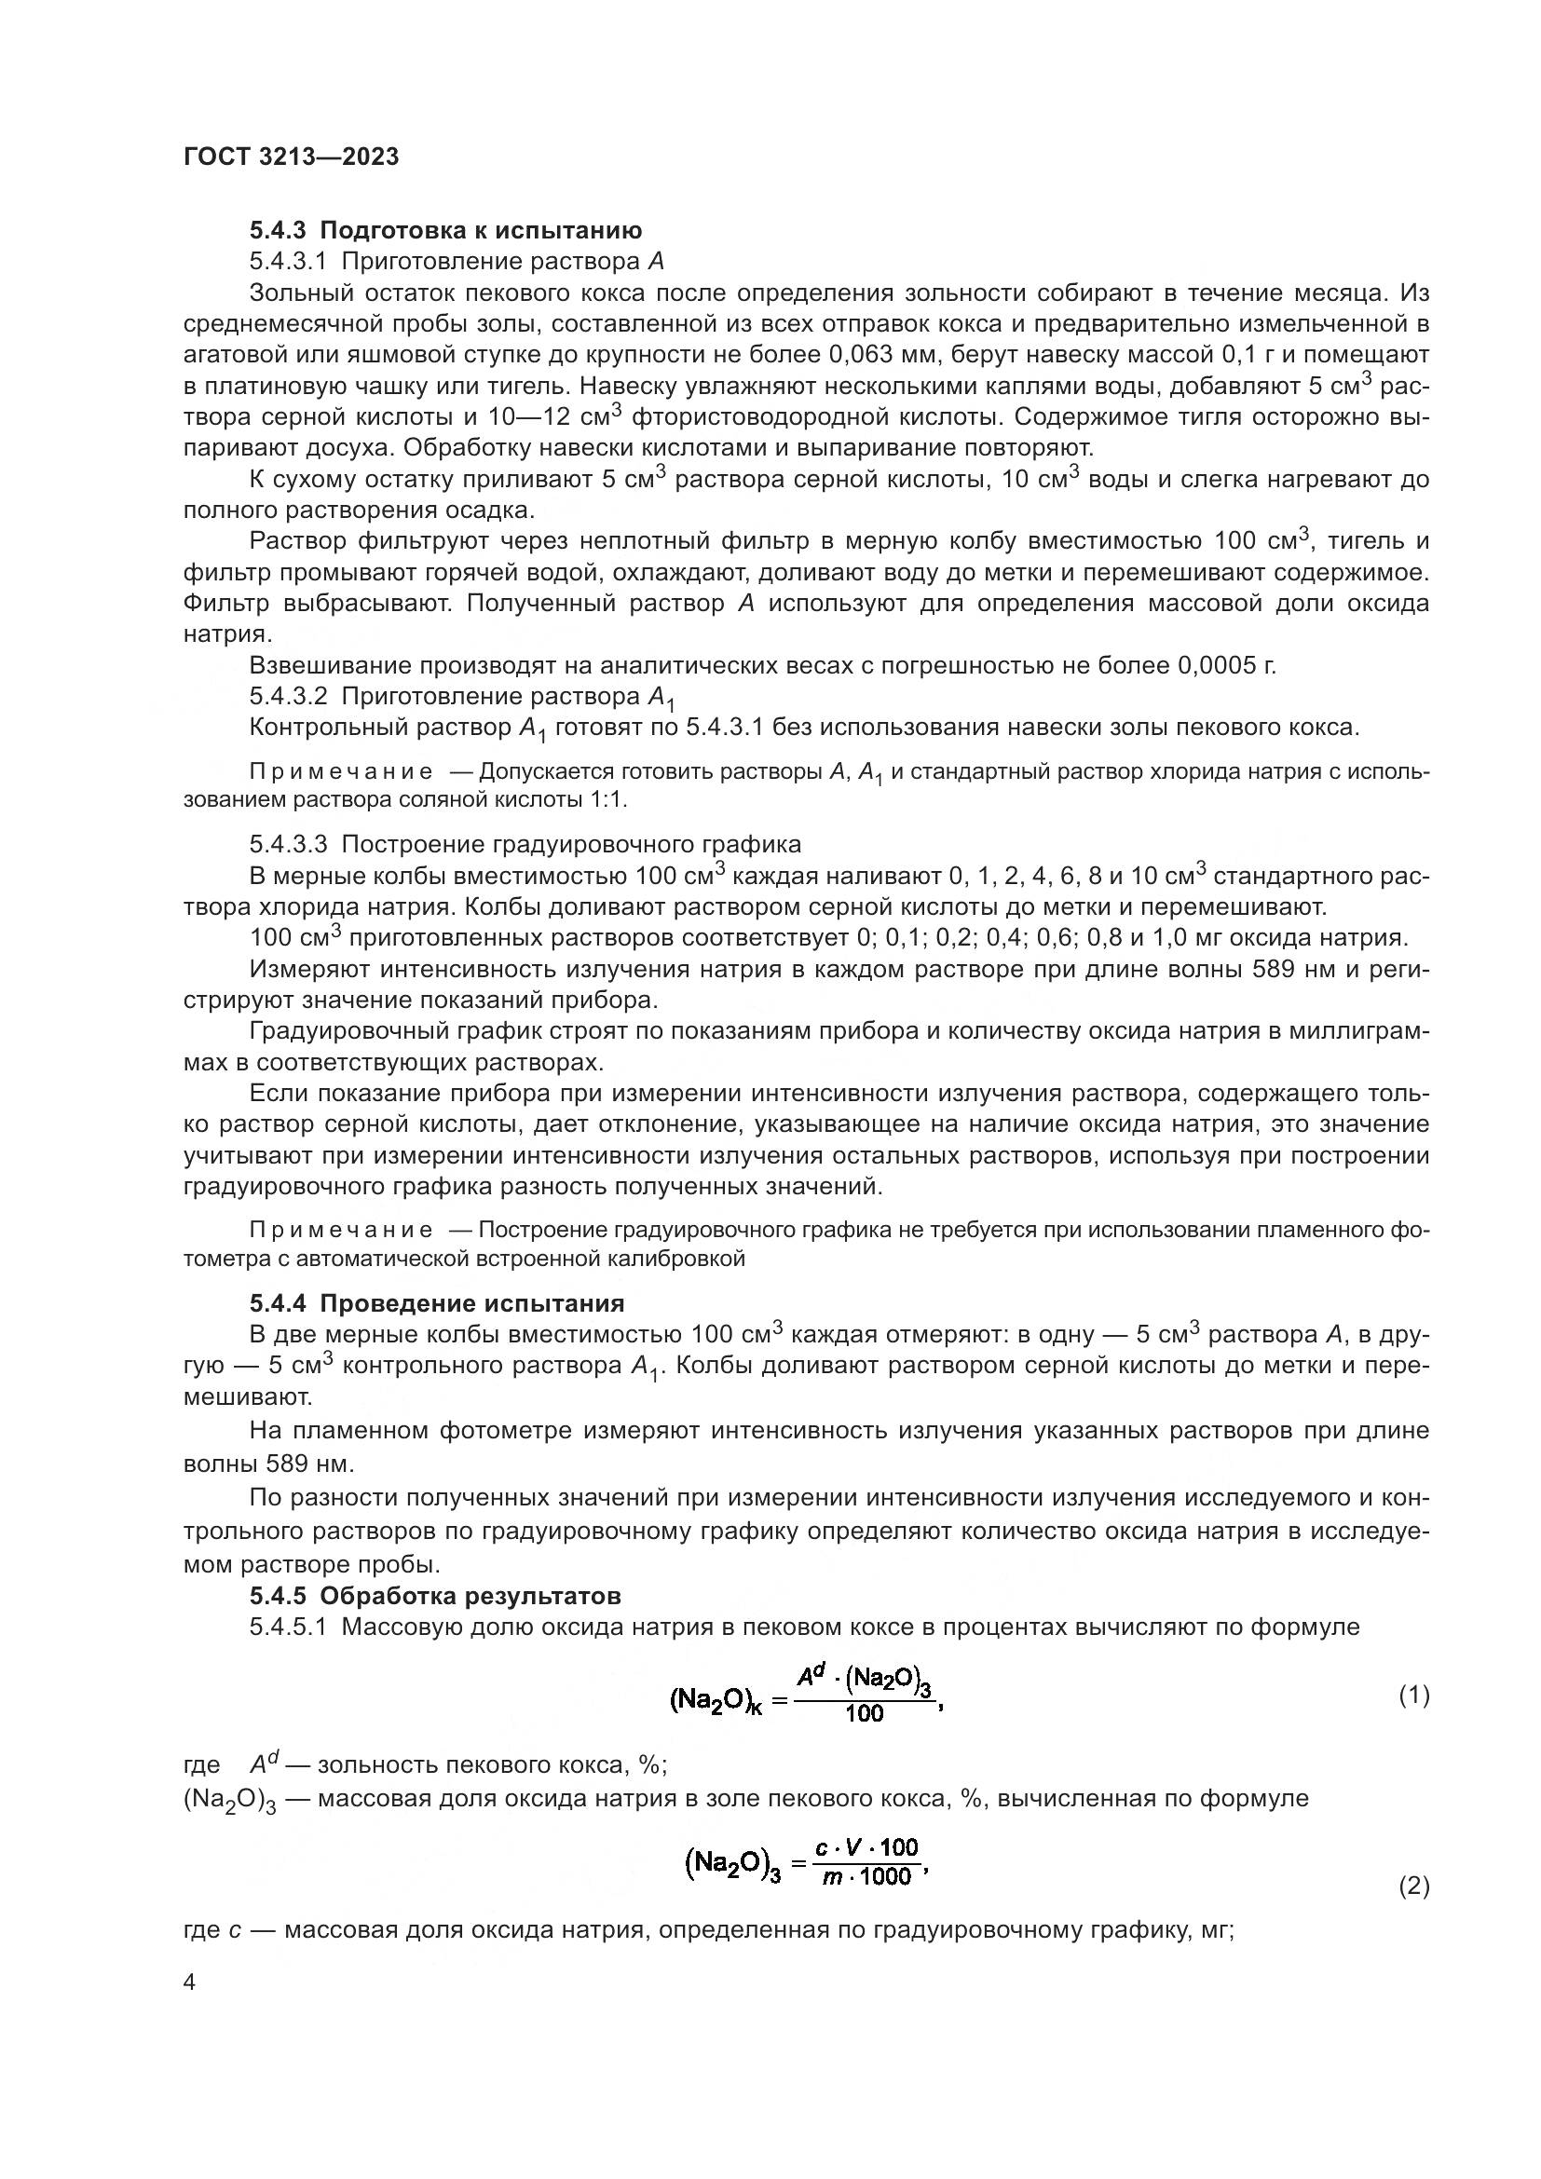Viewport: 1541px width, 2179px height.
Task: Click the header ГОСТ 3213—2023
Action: click(292, 157)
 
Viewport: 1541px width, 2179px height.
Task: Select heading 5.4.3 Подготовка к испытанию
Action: click(446, 231)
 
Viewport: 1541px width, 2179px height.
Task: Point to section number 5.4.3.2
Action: click(289, 698)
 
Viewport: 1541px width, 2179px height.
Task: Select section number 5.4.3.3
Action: click(289, 845)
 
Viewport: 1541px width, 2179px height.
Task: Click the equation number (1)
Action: click(1414, 1696)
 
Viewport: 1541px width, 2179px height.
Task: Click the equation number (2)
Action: click(1414, 1888)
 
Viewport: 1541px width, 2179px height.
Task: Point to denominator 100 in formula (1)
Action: click(864, 1714)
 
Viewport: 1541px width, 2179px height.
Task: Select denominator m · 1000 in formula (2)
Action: click(866, 1877)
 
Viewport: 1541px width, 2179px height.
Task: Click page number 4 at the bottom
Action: click(190, 1983)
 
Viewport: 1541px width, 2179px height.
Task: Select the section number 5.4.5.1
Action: click(289, 1627)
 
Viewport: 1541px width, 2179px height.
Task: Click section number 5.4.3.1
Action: click(289, 262)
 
